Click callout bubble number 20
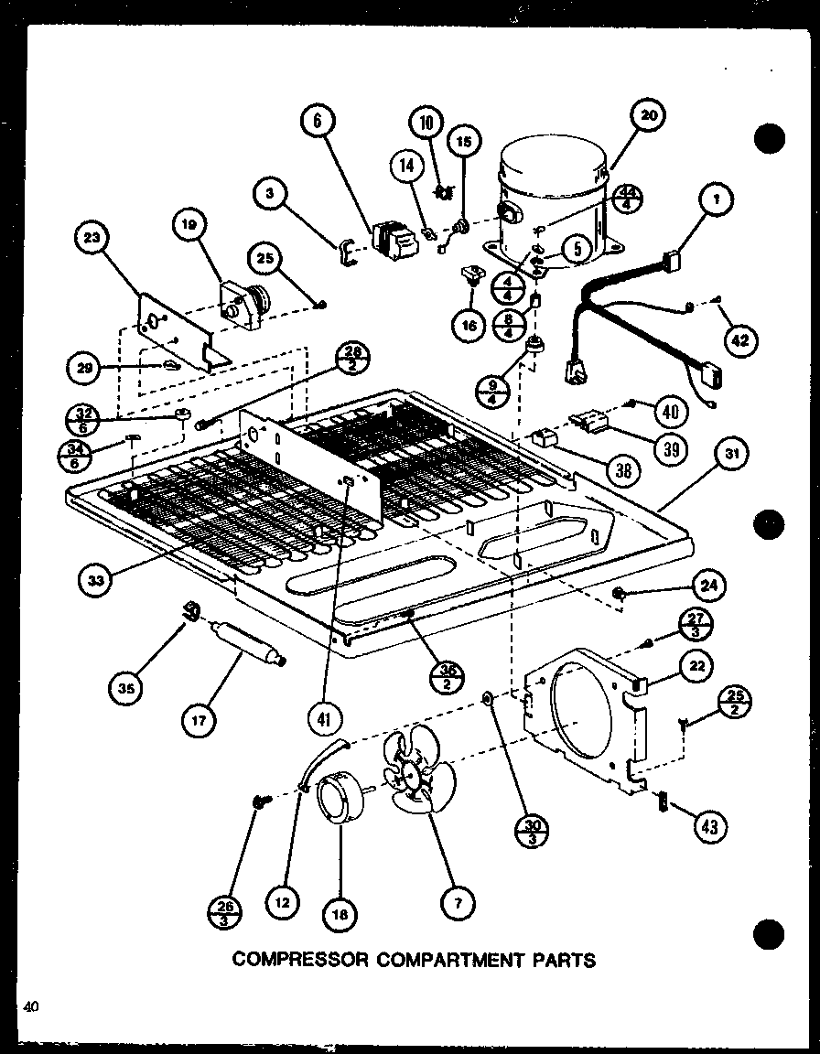click(648, 116)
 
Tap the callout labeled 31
click(733, 454)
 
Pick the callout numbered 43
click(711, 826)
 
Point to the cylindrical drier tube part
click(245, 642)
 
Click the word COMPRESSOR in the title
click(292, 960)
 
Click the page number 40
click(32, 1007)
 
